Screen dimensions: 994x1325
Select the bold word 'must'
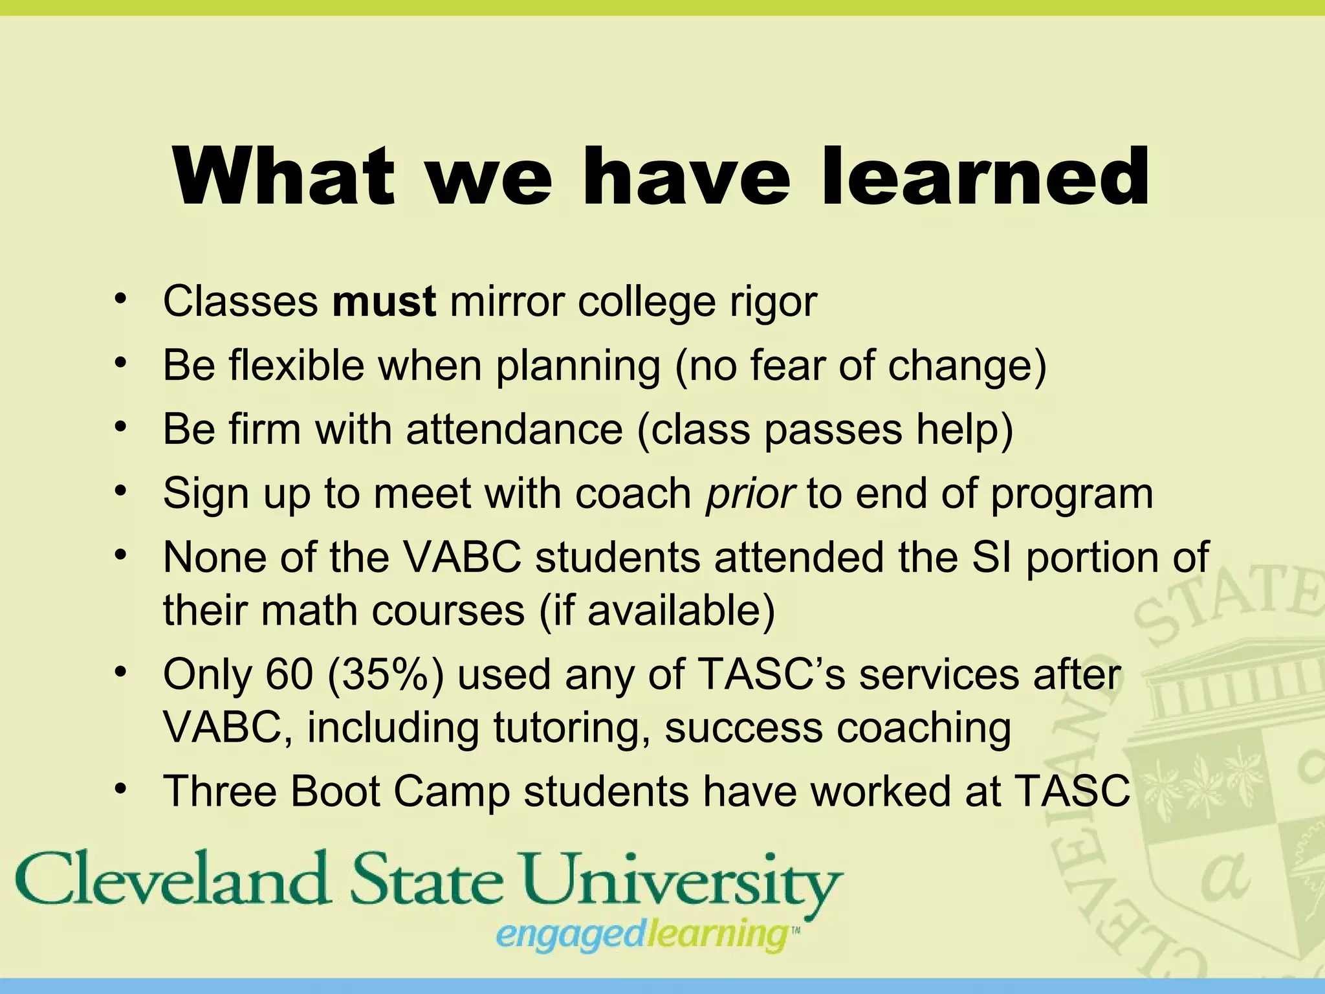pos(384,302)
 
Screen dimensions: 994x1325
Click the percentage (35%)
pos(386,674)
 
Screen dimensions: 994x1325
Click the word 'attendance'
pos(514,429)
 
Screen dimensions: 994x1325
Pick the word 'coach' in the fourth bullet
pos(634,494)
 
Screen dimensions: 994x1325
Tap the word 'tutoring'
pos(572,727)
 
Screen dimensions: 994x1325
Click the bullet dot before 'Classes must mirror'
pos(119,299)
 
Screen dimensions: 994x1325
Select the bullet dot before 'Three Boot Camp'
pos(119,789)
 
